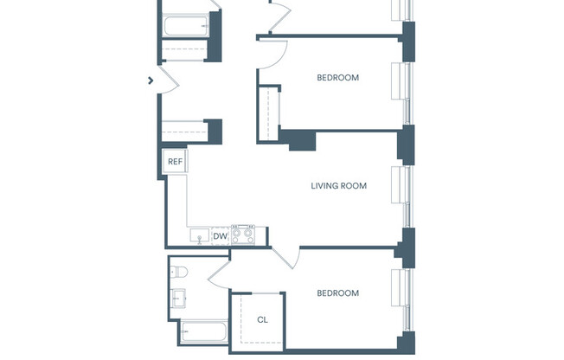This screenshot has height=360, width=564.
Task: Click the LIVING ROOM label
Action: [x=339, y=185]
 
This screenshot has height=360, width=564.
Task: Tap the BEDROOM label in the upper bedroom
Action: [x=337, y=78]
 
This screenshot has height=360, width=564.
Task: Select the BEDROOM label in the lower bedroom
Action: [x=337, y=293]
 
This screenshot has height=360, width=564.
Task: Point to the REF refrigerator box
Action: [x=175, y=162]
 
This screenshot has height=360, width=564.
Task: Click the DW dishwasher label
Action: [x=221, y=235]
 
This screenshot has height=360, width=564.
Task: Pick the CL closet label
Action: [x=263, y=319]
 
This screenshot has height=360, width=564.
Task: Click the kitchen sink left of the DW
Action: [x=198, y=236]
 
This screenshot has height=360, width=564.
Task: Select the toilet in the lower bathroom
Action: [x=178, y=271]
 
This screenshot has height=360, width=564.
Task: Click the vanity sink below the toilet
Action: [x=179, y=299]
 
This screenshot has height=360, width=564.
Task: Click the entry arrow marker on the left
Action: [x=151, y=80]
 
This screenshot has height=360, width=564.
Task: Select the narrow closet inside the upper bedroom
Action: [x=269, y=112]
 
